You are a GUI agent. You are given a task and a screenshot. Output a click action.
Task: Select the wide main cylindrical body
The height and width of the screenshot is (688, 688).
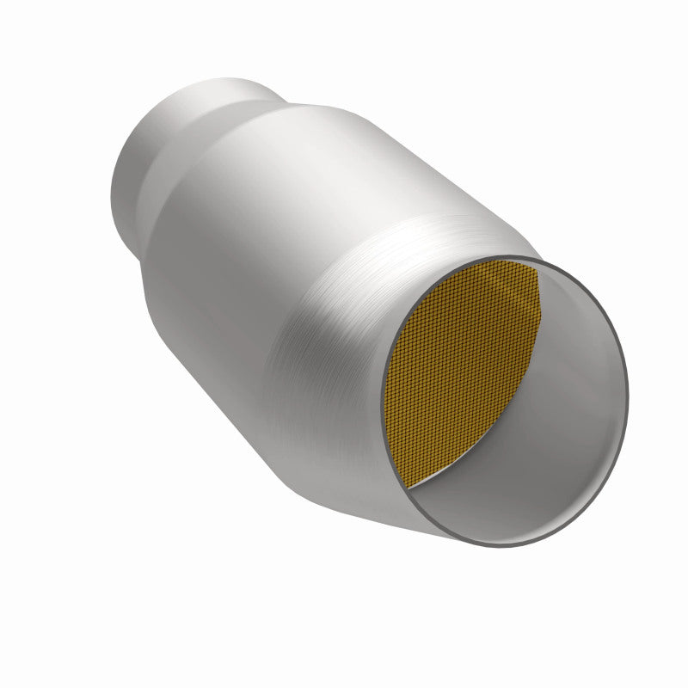point(258,258)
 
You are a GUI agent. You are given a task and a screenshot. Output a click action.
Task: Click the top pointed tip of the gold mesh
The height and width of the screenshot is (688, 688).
point(537,267)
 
